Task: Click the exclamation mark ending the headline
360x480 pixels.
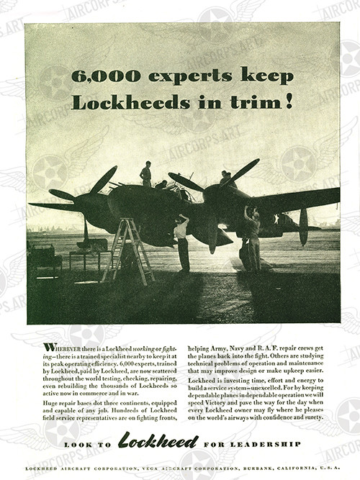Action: (289, 101)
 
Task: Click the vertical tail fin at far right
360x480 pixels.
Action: (303, 225)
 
